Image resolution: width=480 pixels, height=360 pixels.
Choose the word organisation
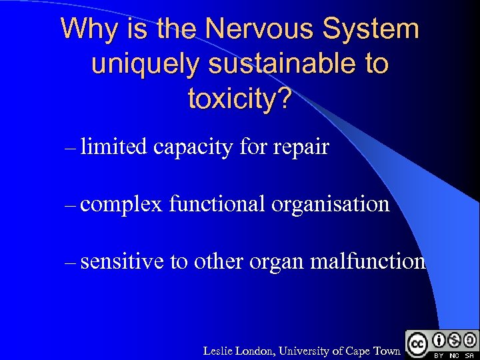(330, 203)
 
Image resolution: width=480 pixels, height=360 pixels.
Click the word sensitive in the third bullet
(122, 261)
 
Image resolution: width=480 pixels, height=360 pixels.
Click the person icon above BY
(440, 339)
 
